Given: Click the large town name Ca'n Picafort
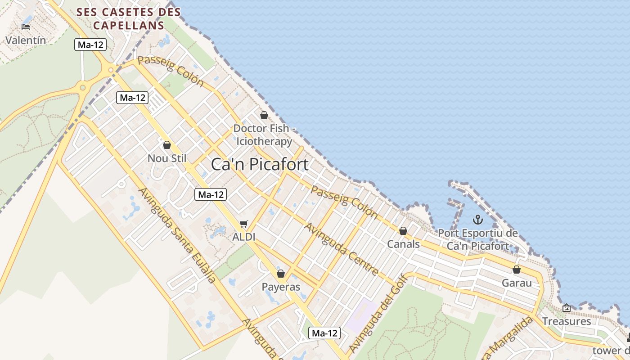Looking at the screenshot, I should (x=260, y=164).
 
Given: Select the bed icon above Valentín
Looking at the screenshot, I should (x=26, y=27).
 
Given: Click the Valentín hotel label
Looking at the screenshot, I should (x=26, y=40).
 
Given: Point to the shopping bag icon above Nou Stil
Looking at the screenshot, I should (x=167, y=145).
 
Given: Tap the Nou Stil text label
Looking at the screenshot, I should (x=167, y=158).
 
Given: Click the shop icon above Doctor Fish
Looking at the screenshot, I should (x=264, y=115).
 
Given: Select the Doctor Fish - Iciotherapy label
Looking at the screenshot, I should (x=265, y=135).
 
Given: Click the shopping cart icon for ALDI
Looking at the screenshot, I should (x=244, y=224).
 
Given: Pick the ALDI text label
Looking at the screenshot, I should (x=244, y=237).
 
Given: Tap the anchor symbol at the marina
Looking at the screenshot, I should (x=477, y=220).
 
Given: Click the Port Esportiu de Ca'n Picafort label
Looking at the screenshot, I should (x=478, y=240).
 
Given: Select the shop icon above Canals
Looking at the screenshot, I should (x=403, y=231).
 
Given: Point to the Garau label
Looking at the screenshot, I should (x=517, y=283).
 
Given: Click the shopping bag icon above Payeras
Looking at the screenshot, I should (x=281, y=274).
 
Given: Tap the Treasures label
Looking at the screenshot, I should (x=566, y=321).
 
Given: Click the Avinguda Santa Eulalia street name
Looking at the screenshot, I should (x=177, y=235).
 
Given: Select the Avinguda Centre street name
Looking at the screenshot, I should (x=341, y=248).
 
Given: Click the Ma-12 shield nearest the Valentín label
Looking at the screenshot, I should (x=91, y=45).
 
